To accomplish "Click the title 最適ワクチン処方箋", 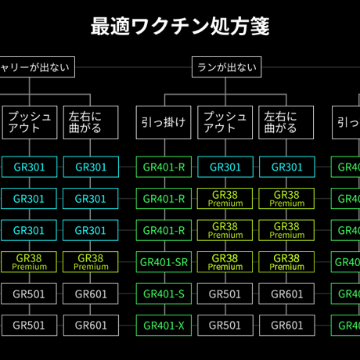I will tap(180, 27).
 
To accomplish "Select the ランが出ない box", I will tap(226, 67).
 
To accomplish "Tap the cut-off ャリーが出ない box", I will tap(35, 67).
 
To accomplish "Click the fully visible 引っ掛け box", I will tap(164, 122).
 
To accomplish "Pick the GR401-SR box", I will tap(164, 262).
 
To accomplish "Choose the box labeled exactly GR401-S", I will tap(164, 294).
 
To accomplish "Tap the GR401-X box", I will tap(164, 326).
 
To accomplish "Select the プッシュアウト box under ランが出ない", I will tap(225, 122).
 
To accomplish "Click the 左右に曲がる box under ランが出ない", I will tap(286, 122).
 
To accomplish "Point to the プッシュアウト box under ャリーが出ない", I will tap(30, 122).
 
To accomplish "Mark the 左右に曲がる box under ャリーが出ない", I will tap(91, 122).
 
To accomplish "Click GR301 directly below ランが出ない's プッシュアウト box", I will tap(225, 167).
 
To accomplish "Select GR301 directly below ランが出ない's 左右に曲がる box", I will tap(286, 167).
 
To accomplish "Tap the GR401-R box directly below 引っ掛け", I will tap(164, 167).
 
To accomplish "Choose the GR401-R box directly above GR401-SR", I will tap(164, 230).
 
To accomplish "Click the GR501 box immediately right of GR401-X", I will tap(225, 326).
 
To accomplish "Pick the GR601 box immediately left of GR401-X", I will tap(91, 326).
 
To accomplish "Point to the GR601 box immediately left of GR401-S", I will tap(91, 294).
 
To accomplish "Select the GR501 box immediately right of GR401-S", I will tap(225, 294).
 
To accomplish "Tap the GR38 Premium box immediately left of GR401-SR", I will tap(91, 262).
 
